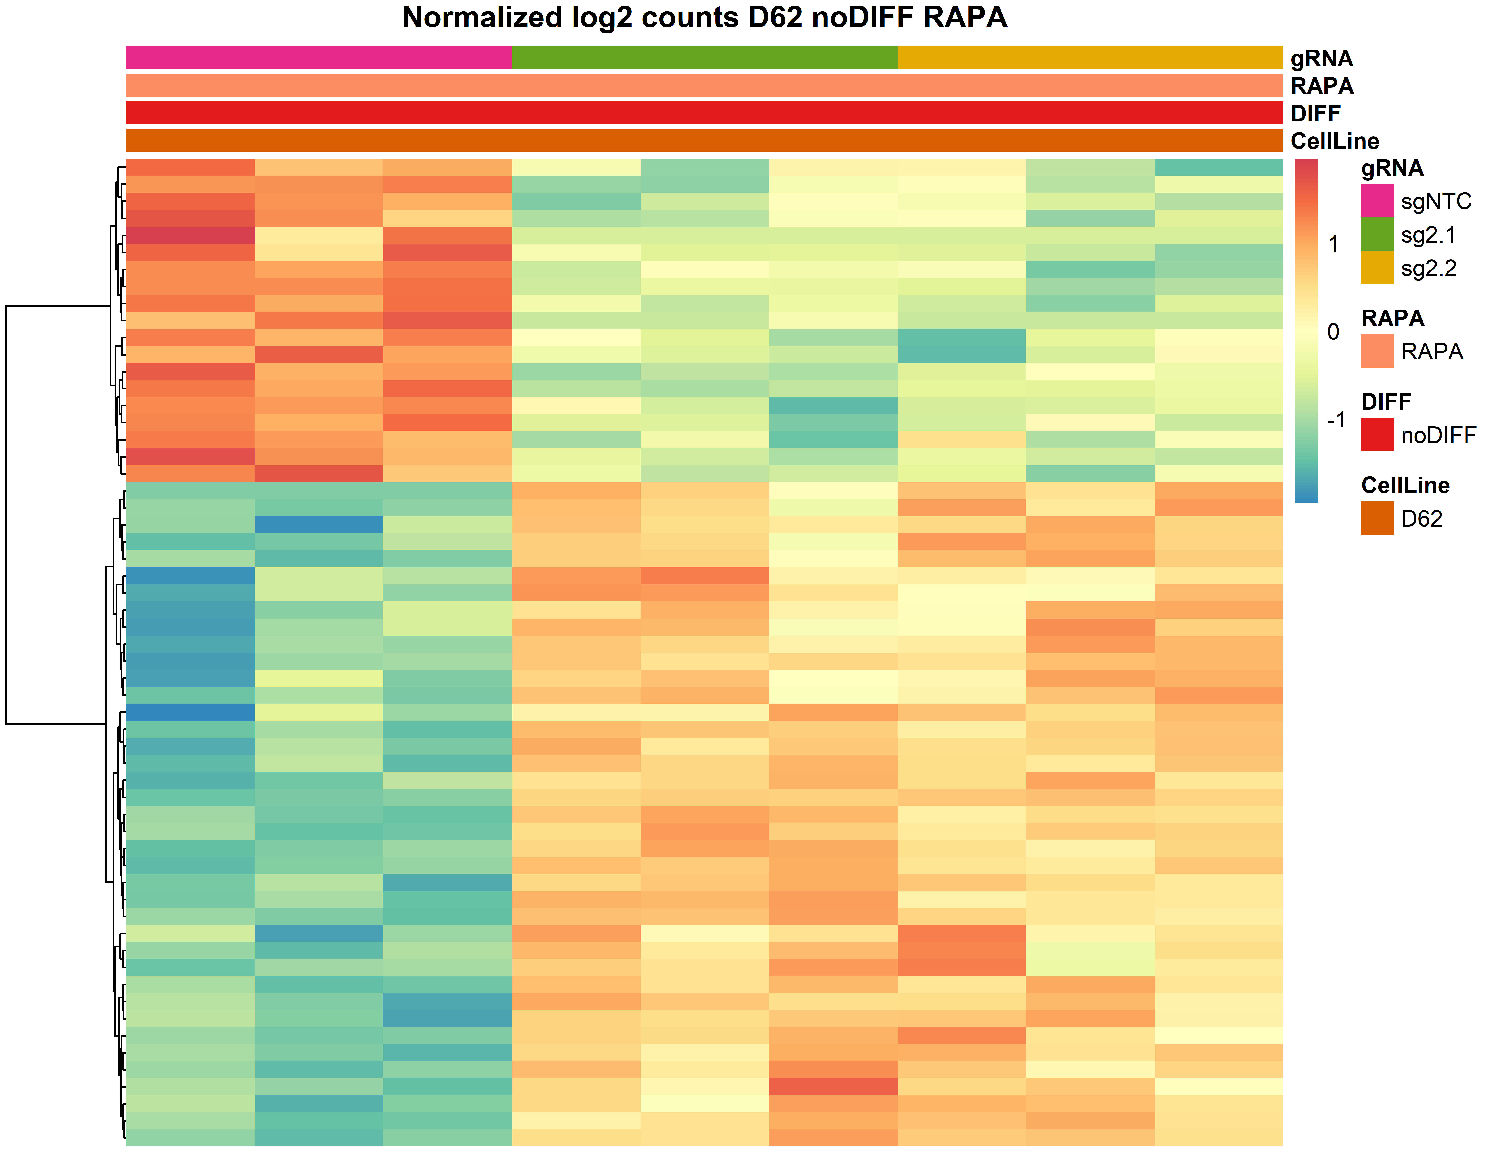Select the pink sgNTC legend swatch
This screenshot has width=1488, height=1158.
coord(1377,200)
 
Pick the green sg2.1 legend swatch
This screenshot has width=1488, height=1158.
coord(1377,234)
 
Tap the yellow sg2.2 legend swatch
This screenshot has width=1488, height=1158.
coord(1377,267)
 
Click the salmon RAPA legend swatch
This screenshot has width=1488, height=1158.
coord(1377,351)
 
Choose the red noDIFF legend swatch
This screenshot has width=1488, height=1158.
coord(1377,434)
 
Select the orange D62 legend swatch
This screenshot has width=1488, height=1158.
coord(1377,518)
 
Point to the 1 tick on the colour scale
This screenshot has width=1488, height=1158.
coord(1333,244)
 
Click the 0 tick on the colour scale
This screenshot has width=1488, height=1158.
coord(1333,332)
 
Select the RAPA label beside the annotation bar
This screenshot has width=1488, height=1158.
coord(1322,86)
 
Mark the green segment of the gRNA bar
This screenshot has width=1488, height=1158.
coord(704,58)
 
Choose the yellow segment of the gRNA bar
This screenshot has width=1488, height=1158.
coord(1090,58)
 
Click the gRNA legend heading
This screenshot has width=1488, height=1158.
coord(1392,168)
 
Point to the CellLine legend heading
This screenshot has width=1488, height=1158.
coord(1405,485)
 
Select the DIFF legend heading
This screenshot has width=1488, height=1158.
coord(1386,401)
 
